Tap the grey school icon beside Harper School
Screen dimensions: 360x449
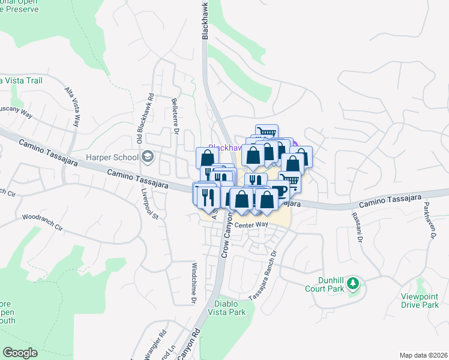click(x=148, y=158)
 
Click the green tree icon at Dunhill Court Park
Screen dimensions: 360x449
click(x=354, y=283)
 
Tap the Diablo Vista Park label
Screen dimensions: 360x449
click(x=227, y=308)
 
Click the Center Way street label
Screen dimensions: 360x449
click(x=251, y=225)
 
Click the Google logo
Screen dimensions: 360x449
click(x=20, y=352)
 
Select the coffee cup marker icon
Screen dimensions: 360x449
click(x=279, y=191)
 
